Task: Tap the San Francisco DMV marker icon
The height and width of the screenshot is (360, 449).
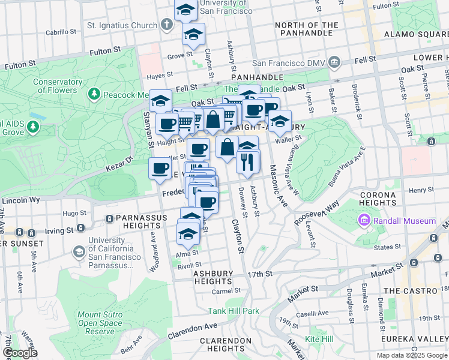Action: (335, 62)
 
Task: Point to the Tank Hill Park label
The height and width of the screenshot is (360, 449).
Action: (234, 311)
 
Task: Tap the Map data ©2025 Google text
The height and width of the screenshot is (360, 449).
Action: (411, 355)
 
